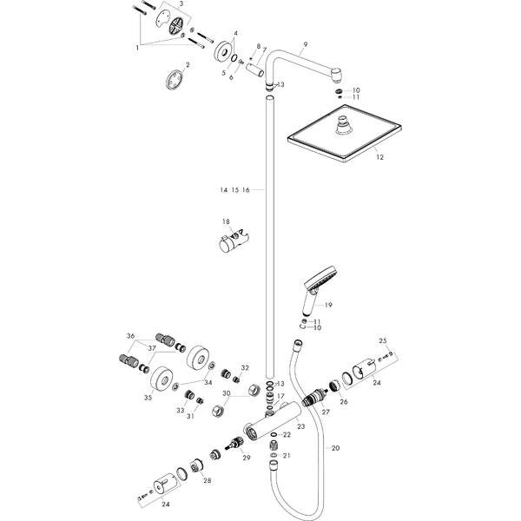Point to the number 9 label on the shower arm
point(306,43)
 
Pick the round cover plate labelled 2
point(175,79)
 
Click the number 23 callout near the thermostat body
point(300,425)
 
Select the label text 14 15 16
point(234,189)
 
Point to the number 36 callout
point(130,336)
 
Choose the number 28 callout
point(206,480)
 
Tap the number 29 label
point(246,458)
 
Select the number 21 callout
point(287,456)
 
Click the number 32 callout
point(245,368)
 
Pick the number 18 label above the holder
point(226,221)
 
